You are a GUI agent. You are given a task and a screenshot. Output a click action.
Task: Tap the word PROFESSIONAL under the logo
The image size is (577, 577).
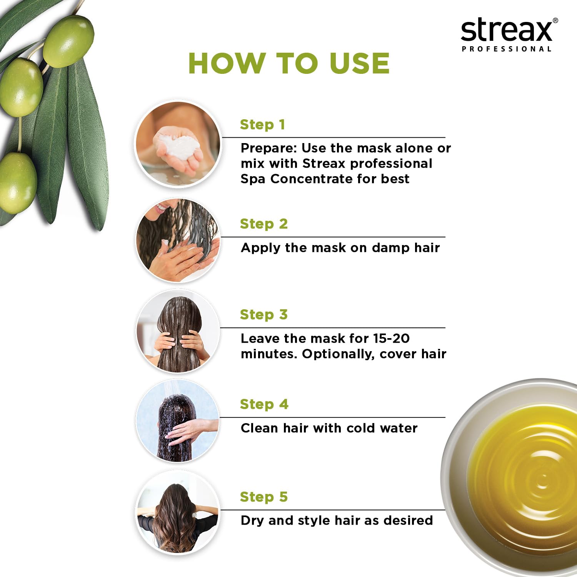point(507,49)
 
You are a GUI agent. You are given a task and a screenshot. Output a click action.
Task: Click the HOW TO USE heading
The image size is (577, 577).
point(289,63)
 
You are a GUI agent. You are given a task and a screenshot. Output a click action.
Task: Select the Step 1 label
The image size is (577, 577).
point(262,125)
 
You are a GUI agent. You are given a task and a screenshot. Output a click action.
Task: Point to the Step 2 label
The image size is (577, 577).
point(264,224)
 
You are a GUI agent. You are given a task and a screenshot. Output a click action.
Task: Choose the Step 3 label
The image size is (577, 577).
point(264,315)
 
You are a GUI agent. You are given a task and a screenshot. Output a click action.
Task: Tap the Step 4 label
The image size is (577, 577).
point(264,404)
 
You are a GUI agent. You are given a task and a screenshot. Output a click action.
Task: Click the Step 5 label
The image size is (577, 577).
point(264,497)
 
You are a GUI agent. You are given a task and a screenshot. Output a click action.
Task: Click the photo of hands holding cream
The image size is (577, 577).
point(178,143)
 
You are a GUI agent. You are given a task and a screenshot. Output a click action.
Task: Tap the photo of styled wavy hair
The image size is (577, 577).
point(178,512)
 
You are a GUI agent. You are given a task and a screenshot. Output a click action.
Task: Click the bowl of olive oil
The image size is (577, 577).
point(512,477)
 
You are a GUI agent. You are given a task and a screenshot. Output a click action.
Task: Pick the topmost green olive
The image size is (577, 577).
point(68,41)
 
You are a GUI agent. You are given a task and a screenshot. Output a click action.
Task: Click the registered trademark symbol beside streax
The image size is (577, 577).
point(555,21)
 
